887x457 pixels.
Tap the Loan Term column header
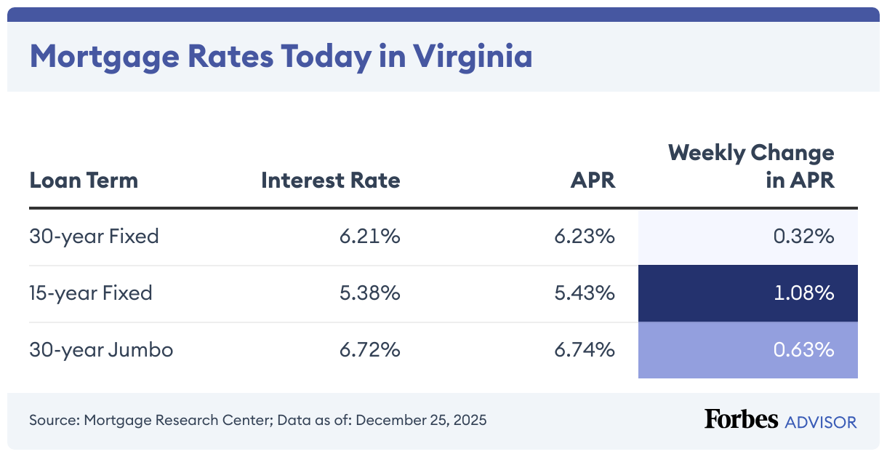coord(84,180)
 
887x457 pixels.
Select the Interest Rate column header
coord(331,180)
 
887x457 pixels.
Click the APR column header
coord(593,180)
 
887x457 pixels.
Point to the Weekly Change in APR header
coord(751,166)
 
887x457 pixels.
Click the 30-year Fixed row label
coord(94,237)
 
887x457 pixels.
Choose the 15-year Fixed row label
coord(91,293)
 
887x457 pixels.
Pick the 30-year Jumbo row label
coord(101,350)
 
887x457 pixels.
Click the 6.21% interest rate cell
coord(369,237)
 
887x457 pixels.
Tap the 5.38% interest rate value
coord(369,293)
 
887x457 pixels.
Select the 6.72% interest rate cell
coord(369,350)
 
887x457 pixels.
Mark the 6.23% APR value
coord(585,237)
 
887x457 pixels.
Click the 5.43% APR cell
coord(585,293)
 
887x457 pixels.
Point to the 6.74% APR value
coord(585,350)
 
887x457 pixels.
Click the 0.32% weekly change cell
coord(803,237)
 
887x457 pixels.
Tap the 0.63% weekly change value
coord(803,350)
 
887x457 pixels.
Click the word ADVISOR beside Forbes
coord(820,421)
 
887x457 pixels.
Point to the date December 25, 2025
coord(421,421)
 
